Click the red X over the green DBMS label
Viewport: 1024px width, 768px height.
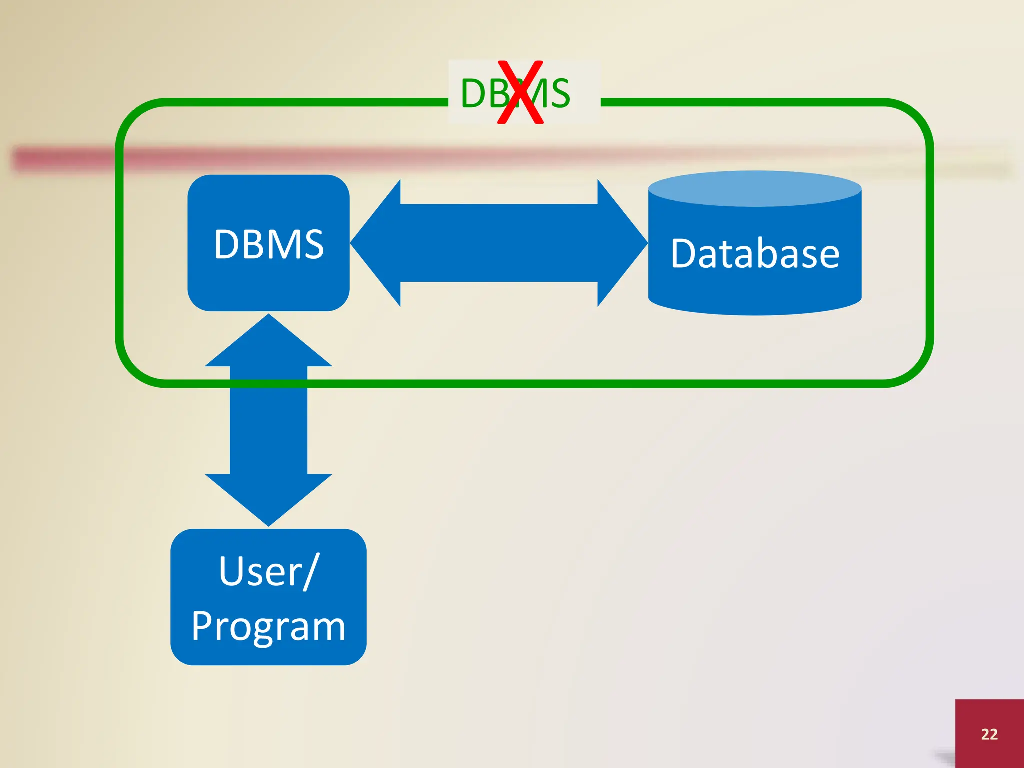(520, 92)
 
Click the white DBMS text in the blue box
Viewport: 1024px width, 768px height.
(269, 244)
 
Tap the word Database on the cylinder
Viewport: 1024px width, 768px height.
(755, 254)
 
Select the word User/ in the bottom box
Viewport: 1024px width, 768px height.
(268, 571)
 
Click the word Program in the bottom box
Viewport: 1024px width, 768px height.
(268, 626)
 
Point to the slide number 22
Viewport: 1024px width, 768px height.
(989, 734)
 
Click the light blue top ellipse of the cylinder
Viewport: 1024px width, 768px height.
(755, 189)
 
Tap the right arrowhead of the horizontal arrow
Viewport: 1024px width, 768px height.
(622, 243)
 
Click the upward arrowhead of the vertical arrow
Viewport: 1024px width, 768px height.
(268, 345)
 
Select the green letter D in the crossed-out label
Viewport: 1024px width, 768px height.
(473, 93)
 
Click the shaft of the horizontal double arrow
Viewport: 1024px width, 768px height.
(499, 243)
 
